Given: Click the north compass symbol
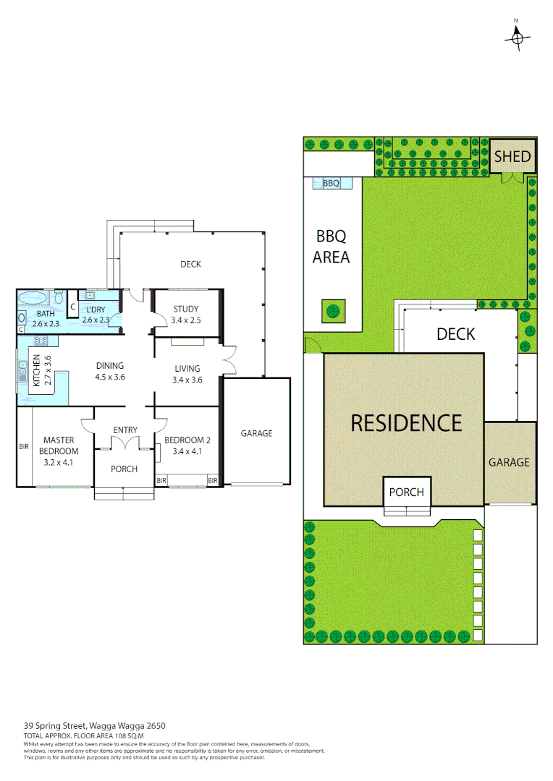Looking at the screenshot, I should coord(517,38).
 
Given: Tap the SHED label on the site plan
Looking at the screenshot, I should coord(512,156).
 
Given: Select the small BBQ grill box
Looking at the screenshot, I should coord(331,184).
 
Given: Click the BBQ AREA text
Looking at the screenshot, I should coord(332,246).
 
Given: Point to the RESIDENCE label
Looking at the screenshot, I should coord(405,422).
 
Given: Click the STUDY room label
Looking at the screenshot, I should coord(185,310).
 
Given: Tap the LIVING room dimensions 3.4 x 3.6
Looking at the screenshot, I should coord(187,380).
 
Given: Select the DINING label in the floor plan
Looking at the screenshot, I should coord(109,366).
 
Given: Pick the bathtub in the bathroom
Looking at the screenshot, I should coord(33,297).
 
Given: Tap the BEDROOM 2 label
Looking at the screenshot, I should coord(187,440).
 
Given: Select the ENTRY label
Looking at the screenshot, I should coord(124,430).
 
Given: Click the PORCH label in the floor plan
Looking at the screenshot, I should coord(124,469).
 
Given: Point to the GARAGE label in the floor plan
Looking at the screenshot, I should coord(256,433).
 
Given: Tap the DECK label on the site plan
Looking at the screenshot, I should coord(455,333).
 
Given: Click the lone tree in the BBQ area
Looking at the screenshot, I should coord(333,311).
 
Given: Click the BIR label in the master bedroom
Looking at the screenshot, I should coord(24,447).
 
